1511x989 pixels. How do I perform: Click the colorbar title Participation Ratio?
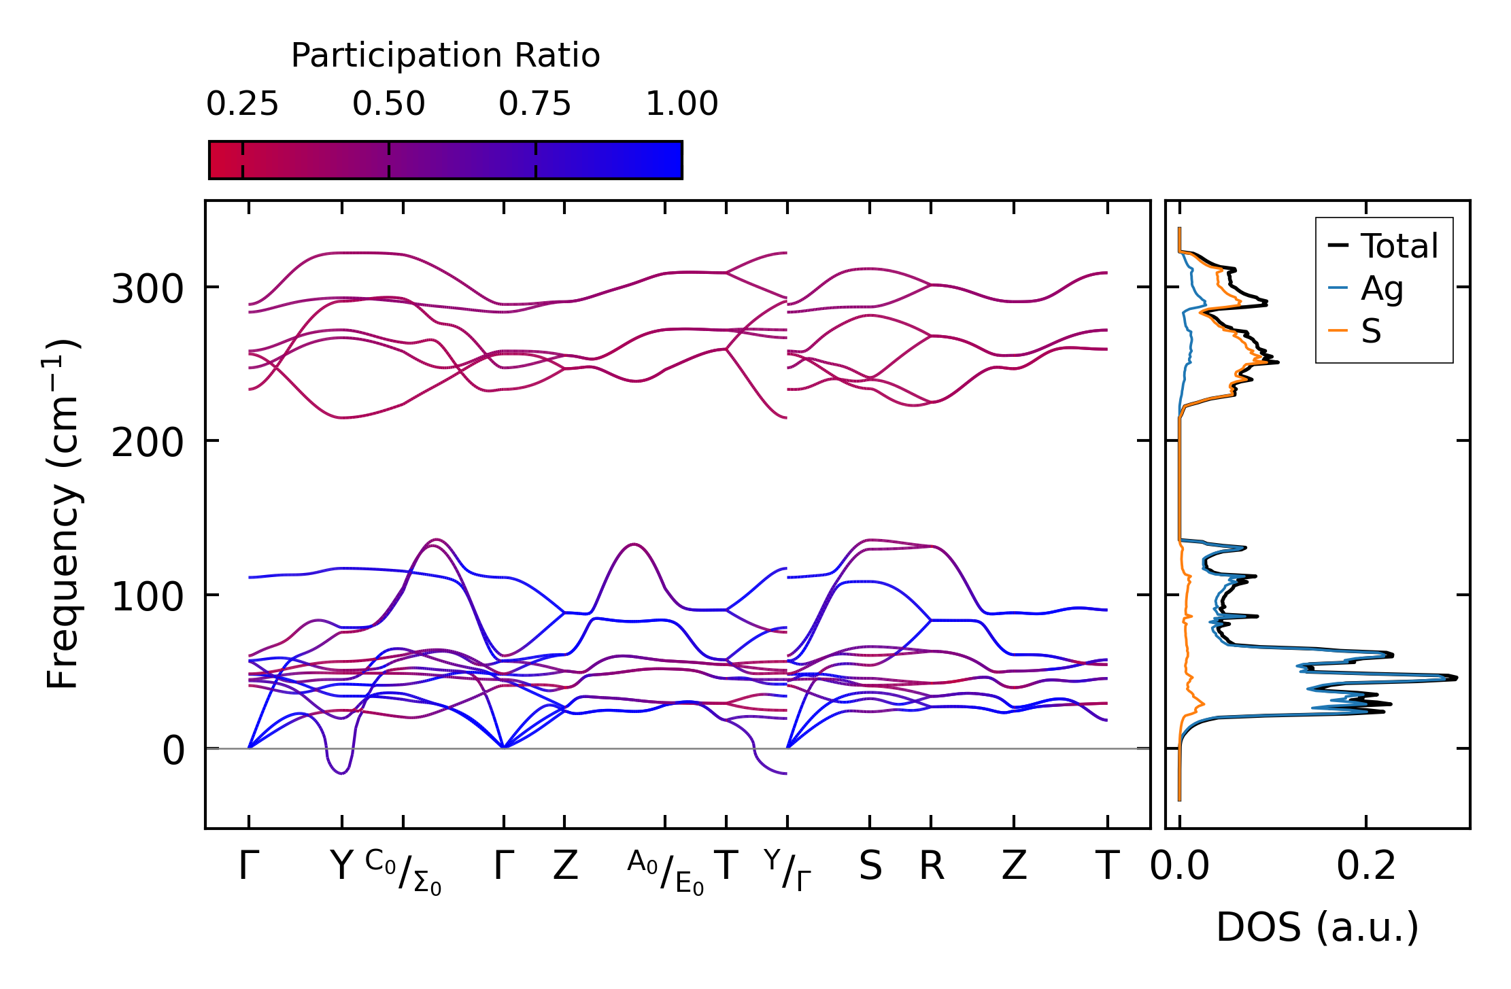(x=445, y=56)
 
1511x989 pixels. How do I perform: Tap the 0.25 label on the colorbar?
(x=242, y=104)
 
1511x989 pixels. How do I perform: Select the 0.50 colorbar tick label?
(x=388, y=104)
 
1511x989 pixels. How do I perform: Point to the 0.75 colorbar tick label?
(x=534, y=104)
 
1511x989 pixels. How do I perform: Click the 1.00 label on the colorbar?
(x=681, y=104)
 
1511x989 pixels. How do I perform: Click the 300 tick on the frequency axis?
(x=148, y=289)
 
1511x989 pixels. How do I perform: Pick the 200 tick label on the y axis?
(x=148, y=443)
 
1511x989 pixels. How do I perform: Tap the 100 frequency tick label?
(x=148, y=597)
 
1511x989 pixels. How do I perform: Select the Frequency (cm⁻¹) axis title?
(x=63, y=514)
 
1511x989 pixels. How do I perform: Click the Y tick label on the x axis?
(x=341, y=867)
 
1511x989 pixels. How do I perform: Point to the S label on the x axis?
(x=870, y=867)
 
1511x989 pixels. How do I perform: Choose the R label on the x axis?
(x=932, y=867)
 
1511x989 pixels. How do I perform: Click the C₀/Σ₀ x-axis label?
(x=403, y=871)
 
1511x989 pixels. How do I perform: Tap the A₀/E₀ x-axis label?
(x=665, y=871)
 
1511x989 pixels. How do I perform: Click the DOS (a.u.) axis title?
(x=1317, y=927)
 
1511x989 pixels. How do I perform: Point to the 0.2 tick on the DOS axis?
(x=1365, y=867)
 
